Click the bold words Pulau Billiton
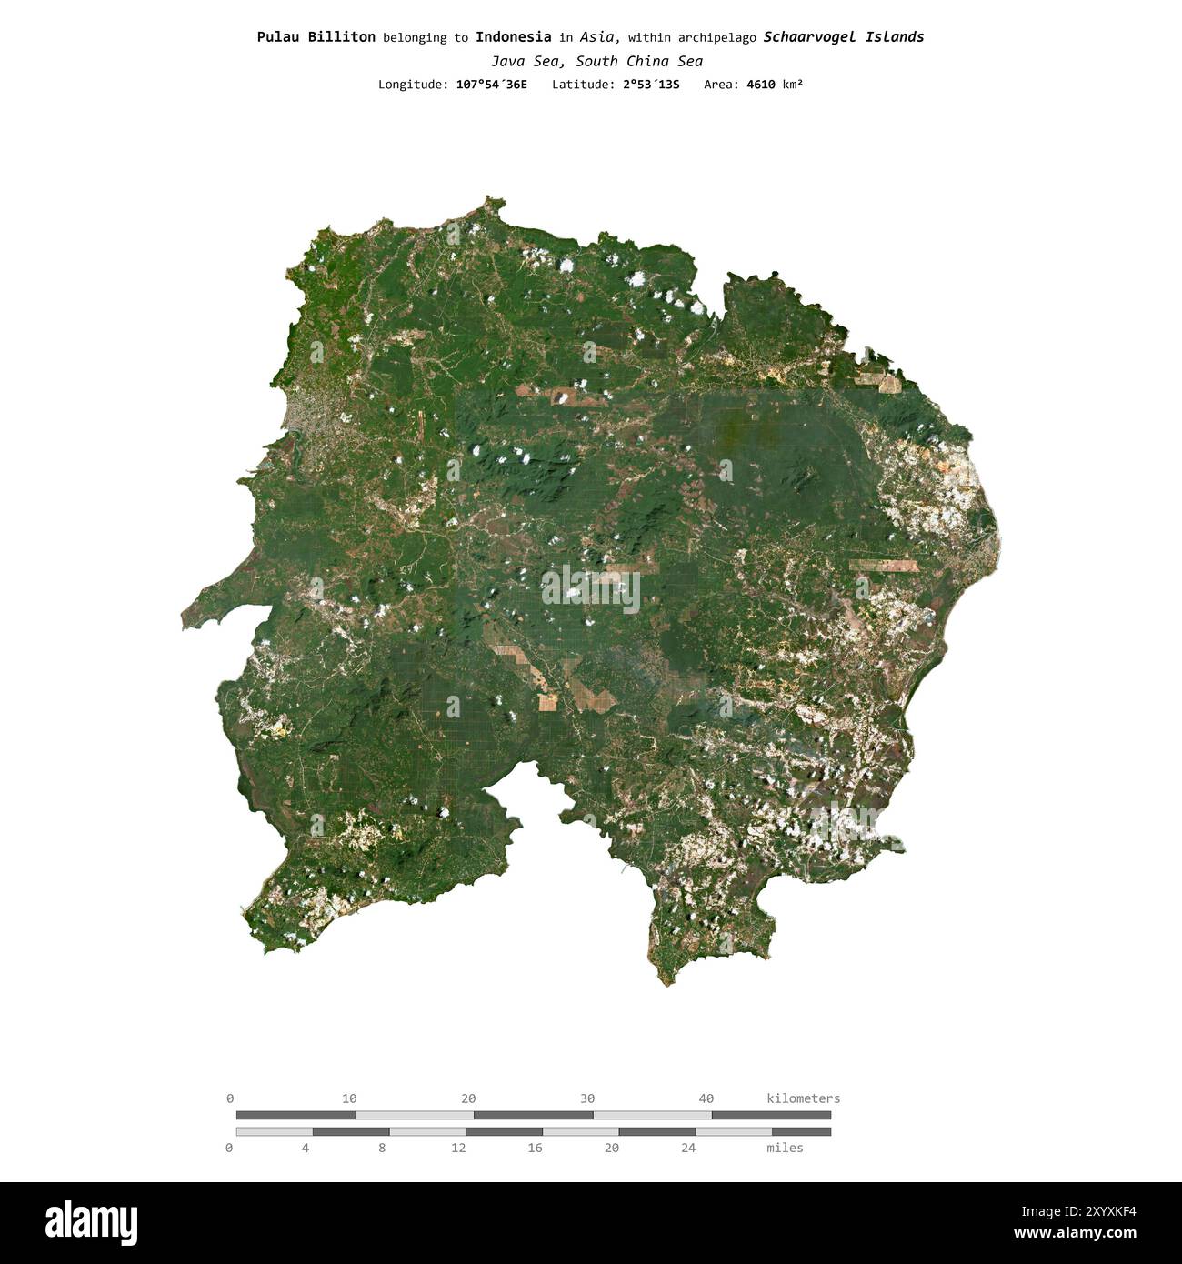(x=316, y=37)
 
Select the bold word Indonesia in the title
(x=513, y=37)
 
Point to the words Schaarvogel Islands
(x=843, y=37)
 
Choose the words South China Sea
(x=639, y=62)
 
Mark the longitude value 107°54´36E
(x=491, y=85)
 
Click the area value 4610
(x=761, y=85)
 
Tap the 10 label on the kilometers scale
(x=349, y=1098)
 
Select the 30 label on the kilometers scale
(x=587, y=1098)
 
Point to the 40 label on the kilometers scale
(x=706, y=1098)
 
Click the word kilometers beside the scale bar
(x=803, y=1098)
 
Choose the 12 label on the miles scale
(x=458, y=1149)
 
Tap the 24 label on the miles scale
(x=688, y=1149)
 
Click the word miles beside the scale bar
(x=785, y=1149)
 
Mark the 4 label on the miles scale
(x=306, y=1149)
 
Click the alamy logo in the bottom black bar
(x=91, y=1222)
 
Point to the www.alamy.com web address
(x=1075, y=1234)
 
